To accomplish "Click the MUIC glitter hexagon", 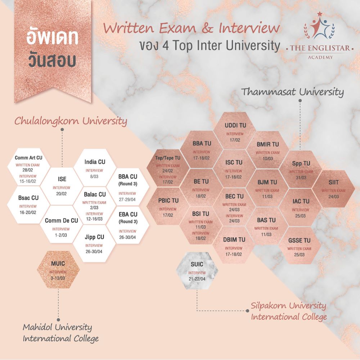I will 59,268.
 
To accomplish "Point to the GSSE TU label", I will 299,240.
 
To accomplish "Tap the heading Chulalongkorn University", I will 71,121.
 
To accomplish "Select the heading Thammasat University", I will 292,92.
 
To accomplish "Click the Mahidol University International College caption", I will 60,333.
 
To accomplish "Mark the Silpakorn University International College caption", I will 289,311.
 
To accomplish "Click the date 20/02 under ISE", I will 62,194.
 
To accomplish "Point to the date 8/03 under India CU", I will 94,177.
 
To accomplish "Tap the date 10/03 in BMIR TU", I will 267,159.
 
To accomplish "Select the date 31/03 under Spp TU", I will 301,178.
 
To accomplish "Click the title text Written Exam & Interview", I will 192,28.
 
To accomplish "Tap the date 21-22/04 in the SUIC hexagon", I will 197,279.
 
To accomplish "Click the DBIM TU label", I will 234,239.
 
